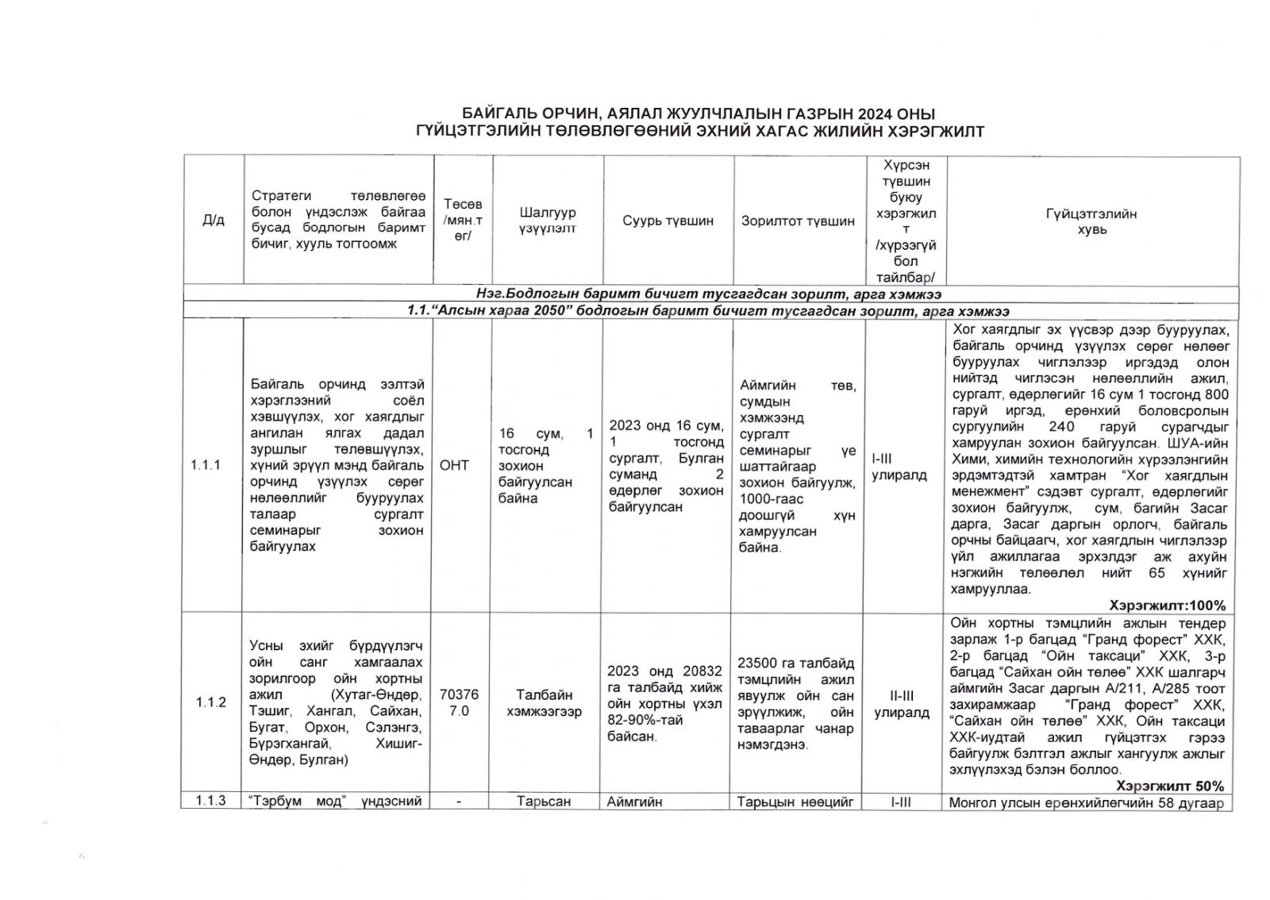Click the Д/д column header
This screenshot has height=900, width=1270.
pyautogui.click(x=213, y=220)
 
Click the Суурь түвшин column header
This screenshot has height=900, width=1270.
pyautogui.click(x=668, y=221)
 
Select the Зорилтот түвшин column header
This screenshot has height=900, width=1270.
pyautogui.click(x=798, y=221)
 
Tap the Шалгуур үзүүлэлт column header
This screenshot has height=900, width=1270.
pyautogui.click(x=547, y=220)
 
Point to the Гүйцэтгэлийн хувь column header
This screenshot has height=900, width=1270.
pyautogui.click(x=1091, y=221)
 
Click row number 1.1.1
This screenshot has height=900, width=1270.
pyautogui.click(x=205, y=465)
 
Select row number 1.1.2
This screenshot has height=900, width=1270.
pyautogui.click(x=211, y=702)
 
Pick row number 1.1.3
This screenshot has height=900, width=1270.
pyautogui.click(x=211, y=800)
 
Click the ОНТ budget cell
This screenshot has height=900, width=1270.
pyautogui.click(x=454, y=465)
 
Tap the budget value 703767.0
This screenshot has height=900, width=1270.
pyautogui.click(x=459, y=702)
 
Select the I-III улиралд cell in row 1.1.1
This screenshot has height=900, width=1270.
pyautogui.click(x=899, y=467)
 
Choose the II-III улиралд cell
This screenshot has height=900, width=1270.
pyautogui.click(x=902, y=704)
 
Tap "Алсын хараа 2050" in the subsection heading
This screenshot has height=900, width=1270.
pyautogui.click(x=496, y=311)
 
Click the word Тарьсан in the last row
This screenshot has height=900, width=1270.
pyautogui.click(x=544, y=801)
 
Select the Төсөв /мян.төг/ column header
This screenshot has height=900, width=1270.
pyautogui.click(x=463, y=220)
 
